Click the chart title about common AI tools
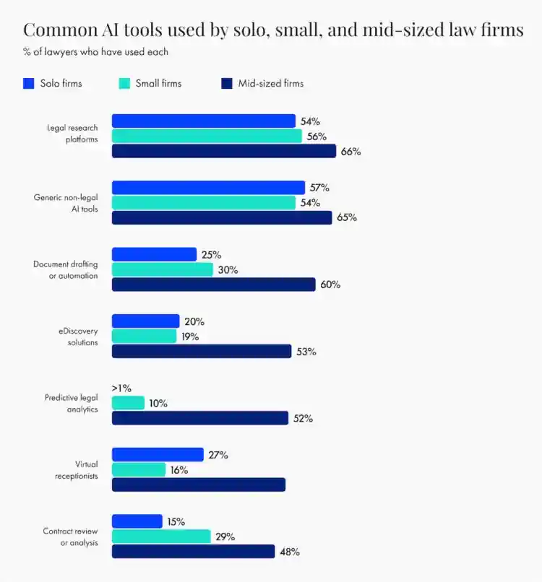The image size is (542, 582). pyautogui.click(x=273, y=30)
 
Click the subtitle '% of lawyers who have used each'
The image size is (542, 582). pyautogui.click(x=95, y=51)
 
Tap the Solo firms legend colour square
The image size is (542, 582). pyautogui.click(x=29, y=83)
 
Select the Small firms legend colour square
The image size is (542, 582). pyautogui.click(x=124, y=83)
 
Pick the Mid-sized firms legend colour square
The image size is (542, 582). pyautogui.click(x=227, y=83)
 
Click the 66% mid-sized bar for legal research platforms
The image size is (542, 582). pyautogui.click(x=224, y=151)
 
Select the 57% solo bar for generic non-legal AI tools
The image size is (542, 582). pyautogui.click(x=208, y=188)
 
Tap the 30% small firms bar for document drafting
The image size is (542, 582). pyautogui.click(x=163, y=269)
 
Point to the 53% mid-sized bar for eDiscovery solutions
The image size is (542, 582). pyautogui.click(x=202, y=351)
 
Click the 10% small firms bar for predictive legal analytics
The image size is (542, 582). pyautogui.click(x=128, y=403)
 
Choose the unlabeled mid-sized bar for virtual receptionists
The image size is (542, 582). pyautogui.click(x=199, y=485)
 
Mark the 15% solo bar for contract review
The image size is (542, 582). pyautogui.click(x=137, y=521)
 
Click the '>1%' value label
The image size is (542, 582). pyautogui.click(x=121, y=388)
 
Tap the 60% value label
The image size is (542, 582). pyautogui.click(x=330, y=285)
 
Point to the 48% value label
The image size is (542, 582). pyautogui.click(x=290, y=552)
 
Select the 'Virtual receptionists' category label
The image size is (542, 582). pyautogui.click(x=77, y=470)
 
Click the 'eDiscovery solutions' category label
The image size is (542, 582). pyautogui.click(x=78, y=336)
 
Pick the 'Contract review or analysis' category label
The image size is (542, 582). pyautogui.click(x=71, y=537)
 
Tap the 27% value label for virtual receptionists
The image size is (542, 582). pyautogui.click(x=218, y=455)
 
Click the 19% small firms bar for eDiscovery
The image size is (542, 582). pyautogui.click(x=144, y=336)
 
